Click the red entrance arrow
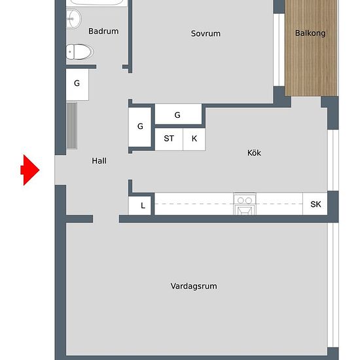point(30,170)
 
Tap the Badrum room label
point(103,31)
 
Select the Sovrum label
point(206,33)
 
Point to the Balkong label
point(310,33)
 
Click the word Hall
point(99,161)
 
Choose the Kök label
point(254,153)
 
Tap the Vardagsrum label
point(194,286)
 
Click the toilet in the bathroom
point(80,52)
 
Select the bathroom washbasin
point(73,19)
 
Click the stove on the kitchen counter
point(245,204)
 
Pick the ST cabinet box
point(169,139)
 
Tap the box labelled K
point(194,139)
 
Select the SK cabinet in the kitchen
point(315,204)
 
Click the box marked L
point(139,206)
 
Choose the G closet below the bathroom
point(77,84)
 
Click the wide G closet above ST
point(179,114)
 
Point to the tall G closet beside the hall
point(140,127)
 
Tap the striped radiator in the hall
point(72,126)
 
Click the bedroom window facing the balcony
point(279,50)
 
